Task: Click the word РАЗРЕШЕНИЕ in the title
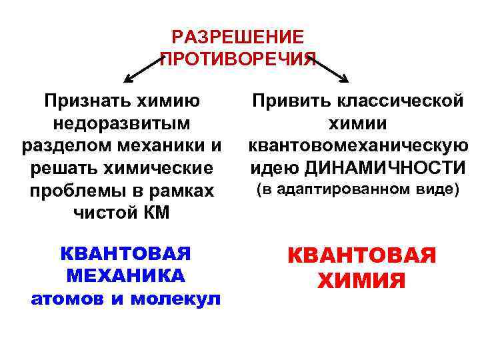tap(237, 37)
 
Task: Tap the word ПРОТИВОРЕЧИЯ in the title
tap(237, 60)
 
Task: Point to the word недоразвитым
tap(121, 124)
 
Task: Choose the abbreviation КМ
tap(155, 213)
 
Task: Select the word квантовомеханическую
tap(357, 145)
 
